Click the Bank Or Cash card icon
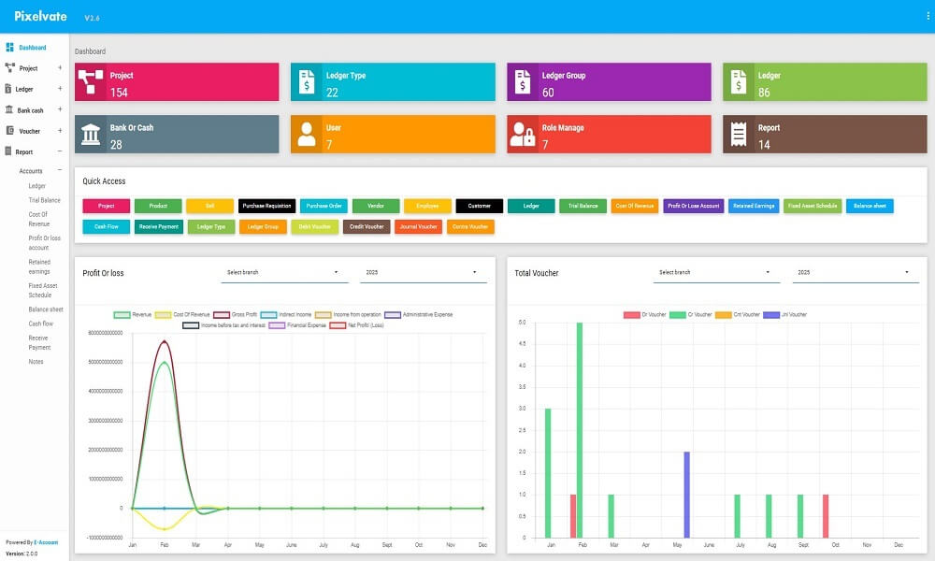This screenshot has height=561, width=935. coord(92,135)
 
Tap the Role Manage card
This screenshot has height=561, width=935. coord(609,135)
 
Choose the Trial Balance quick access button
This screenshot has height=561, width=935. coord(583,206)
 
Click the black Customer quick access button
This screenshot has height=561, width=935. coord(479,206)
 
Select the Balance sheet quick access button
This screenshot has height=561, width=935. coord(870,206)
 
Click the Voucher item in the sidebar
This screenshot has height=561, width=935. coord(29,131)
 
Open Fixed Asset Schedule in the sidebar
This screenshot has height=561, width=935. coord(43,290)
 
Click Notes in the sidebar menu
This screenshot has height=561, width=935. coord(36,362)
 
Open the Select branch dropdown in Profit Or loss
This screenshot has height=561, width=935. coord(284,273)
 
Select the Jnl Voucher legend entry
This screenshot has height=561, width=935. coord(786,315)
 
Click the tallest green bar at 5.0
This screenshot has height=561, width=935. coord(580,430)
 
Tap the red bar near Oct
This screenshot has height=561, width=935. coord(826,516)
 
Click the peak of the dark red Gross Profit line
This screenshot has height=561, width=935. coord(165,341)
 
